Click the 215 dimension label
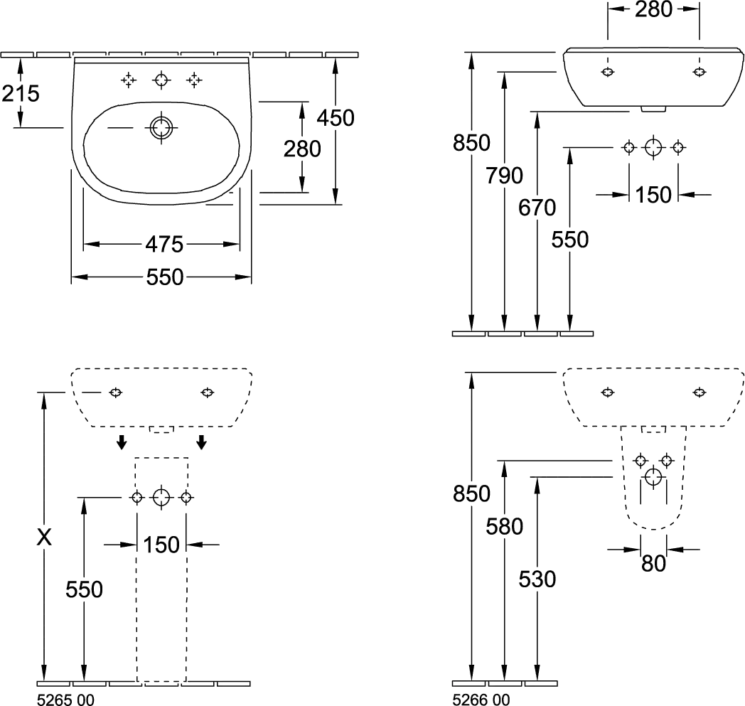tap(20, 93)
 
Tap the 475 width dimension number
tap(164, 245)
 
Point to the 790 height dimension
tap(505, 176)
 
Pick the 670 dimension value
tap(537, 208)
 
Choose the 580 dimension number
tap(505, 527)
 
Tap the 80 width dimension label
tap(653, 563)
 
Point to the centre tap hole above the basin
tap(162, 80)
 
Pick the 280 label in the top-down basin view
tap(301, 149)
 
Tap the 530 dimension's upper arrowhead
tap(537, 483)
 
